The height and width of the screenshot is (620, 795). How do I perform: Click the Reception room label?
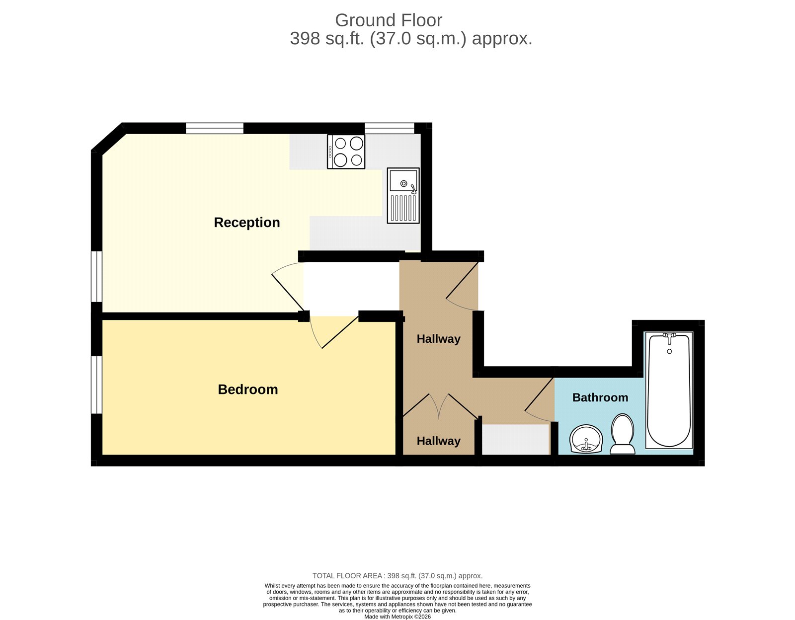pyautogui.click(x=246, y=223)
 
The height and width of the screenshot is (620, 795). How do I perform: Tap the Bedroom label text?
pyautogui.click(x=247, y=389)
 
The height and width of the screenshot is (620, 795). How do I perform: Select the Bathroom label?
pyautogui.click(x=600, y=397)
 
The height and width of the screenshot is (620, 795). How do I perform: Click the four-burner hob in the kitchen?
pyautogui.click(x=346, y=152)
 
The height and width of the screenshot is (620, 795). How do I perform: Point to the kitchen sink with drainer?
pyautogui.click(x=403, y=195)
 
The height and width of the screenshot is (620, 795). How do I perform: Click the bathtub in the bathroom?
pyautogui.click(x=669, y=390)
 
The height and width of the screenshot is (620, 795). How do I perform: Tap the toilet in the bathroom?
pyautogui.click(x=622, y=434)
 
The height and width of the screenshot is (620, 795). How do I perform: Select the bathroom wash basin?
pyautogui.click(x=586, y=439)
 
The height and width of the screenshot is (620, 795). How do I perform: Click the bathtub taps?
pyautogui.click(x=669, y=338)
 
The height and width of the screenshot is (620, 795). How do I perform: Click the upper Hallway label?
pyautogui.click(x=438, y=339)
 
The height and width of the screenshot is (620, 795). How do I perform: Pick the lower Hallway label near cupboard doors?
pyautogui.click(x=438, y=441)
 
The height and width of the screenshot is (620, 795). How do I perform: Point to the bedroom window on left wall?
pyautogui.click(x=96, y=385)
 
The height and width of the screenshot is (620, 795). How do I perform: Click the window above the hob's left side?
pyautogui.click(x=215, y=128)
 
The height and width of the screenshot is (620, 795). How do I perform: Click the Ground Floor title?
pyautogui.click(x=388, y=20)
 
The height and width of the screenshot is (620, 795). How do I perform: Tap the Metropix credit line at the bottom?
pyautogui.click(x=397, y=617)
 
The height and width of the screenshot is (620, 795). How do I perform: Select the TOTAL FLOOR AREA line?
pyautogui.click(x=397, y=576)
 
